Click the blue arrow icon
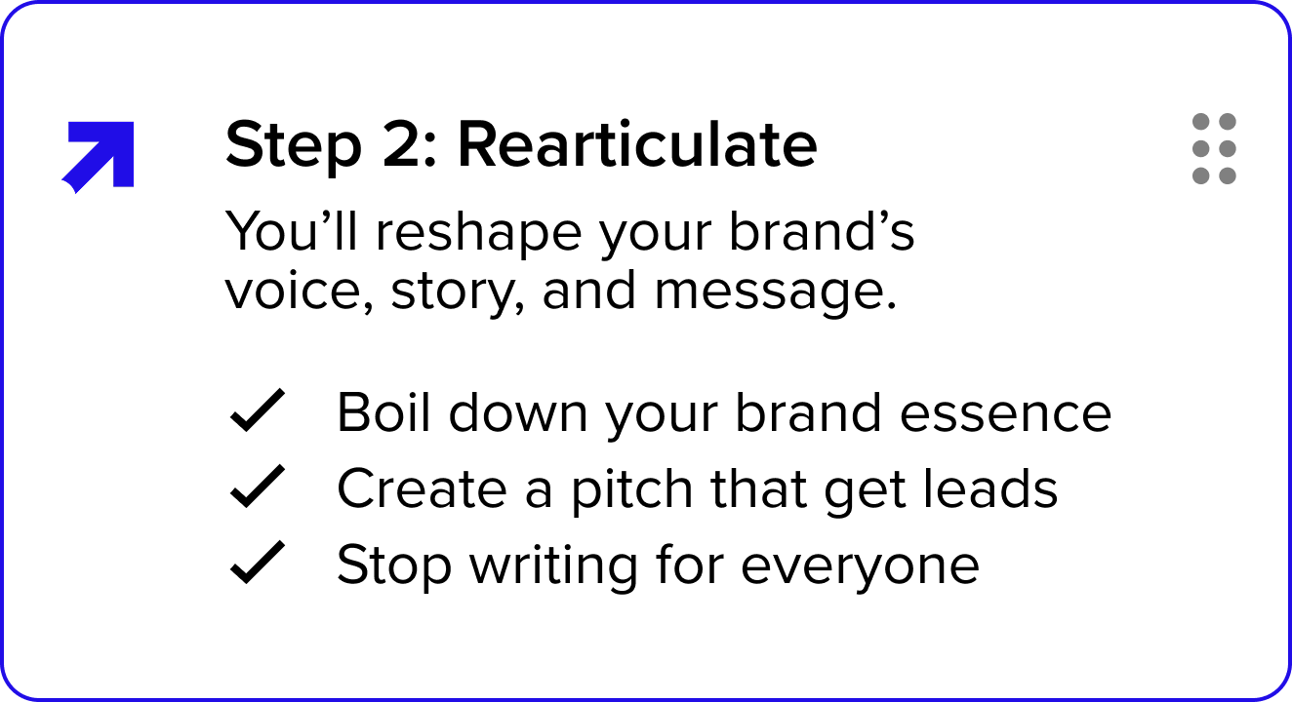(x=100, y=155)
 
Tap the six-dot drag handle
(x=1214, y=149)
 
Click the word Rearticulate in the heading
(x=637, y=146)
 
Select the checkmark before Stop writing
(x=257, y=564)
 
